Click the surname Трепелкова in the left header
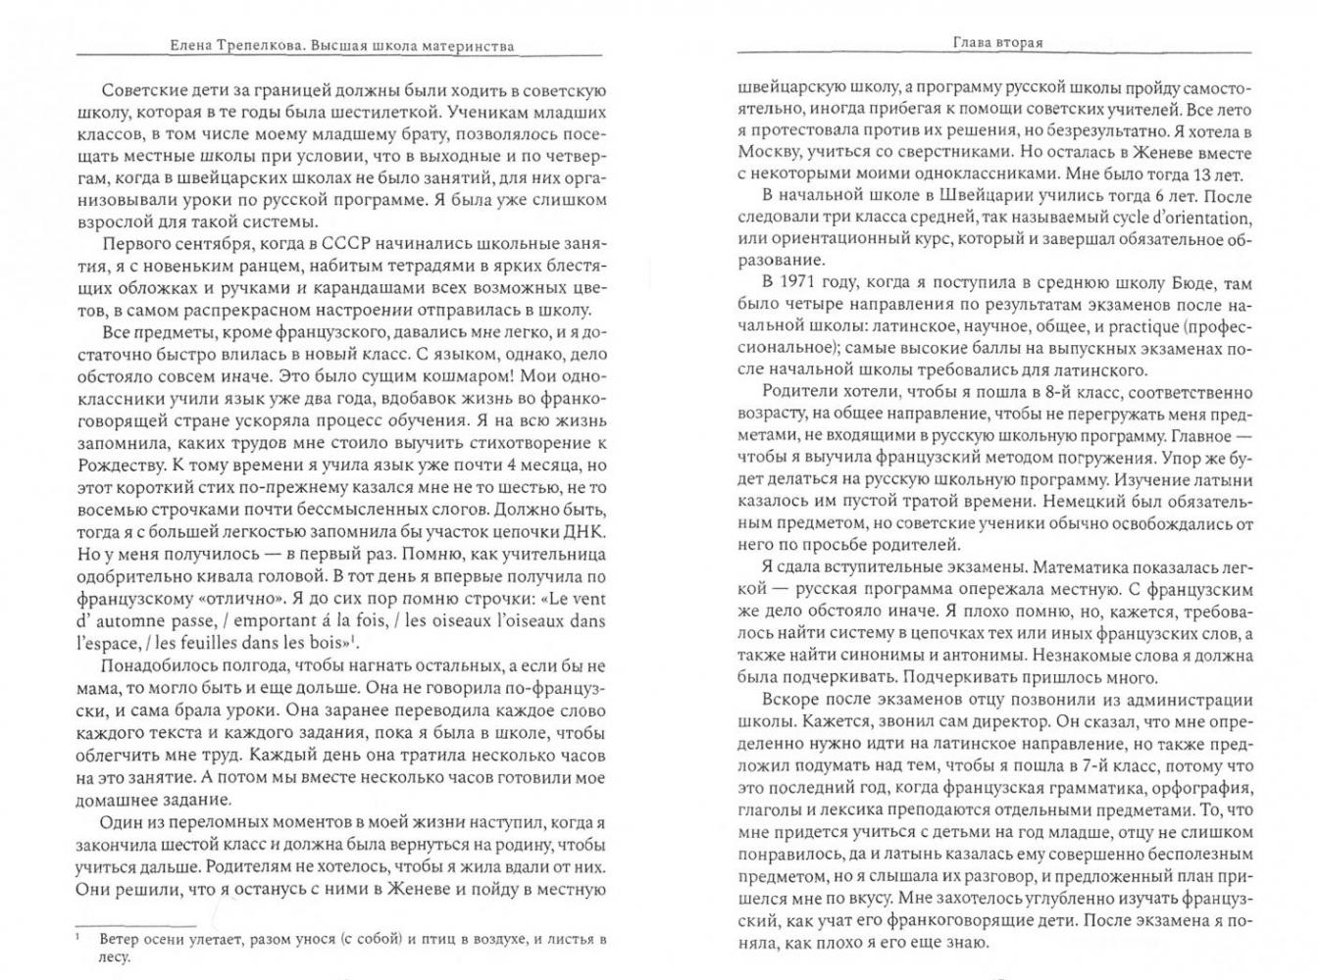point(269,45)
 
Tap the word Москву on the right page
point(768,153)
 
